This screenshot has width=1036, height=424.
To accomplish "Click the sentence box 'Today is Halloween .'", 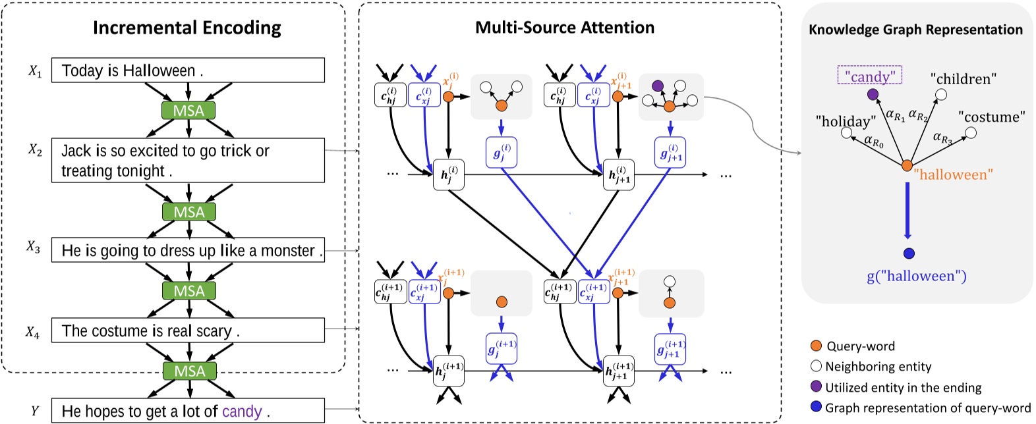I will point(188,70).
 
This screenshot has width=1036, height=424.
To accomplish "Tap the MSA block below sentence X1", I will point(188,111).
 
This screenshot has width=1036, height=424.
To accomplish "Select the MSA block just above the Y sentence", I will point(189,371).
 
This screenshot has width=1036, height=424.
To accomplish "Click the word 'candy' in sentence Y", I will point(242,411).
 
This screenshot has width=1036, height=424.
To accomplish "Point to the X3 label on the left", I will point(34,248).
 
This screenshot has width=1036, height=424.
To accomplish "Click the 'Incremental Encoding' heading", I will point(187,28).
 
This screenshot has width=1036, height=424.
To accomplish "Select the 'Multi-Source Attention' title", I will point(565,28).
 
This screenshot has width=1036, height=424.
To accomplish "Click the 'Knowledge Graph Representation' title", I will point(915,30).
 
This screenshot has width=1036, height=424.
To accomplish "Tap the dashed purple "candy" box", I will point(870,76).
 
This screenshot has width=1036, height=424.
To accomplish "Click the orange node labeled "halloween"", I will point(907,166).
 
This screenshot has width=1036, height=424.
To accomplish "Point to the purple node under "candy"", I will point(873,95).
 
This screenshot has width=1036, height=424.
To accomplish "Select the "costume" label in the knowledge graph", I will point(991,117).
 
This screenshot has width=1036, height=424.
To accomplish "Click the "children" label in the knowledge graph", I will point(963,79).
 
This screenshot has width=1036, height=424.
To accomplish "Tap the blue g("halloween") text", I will point(916,277).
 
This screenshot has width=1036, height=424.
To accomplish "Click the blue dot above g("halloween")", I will point(909,253).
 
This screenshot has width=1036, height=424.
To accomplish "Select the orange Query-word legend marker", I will point(816,346).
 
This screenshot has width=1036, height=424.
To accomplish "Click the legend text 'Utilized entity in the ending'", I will point(903,388).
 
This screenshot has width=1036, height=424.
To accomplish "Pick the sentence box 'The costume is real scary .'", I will point(188,331).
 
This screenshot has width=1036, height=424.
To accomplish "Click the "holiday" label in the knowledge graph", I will point(846,121).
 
